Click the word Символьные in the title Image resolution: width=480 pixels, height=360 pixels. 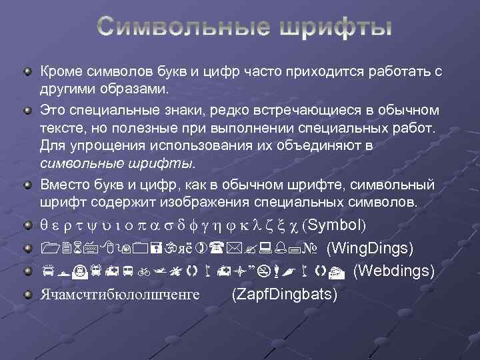click(179, 28)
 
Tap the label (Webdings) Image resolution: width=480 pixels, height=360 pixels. click(394, 271)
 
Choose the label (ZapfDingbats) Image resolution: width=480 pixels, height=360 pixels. click(284, 294)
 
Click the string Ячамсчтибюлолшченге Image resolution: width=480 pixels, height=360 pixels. click(120, 294)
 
